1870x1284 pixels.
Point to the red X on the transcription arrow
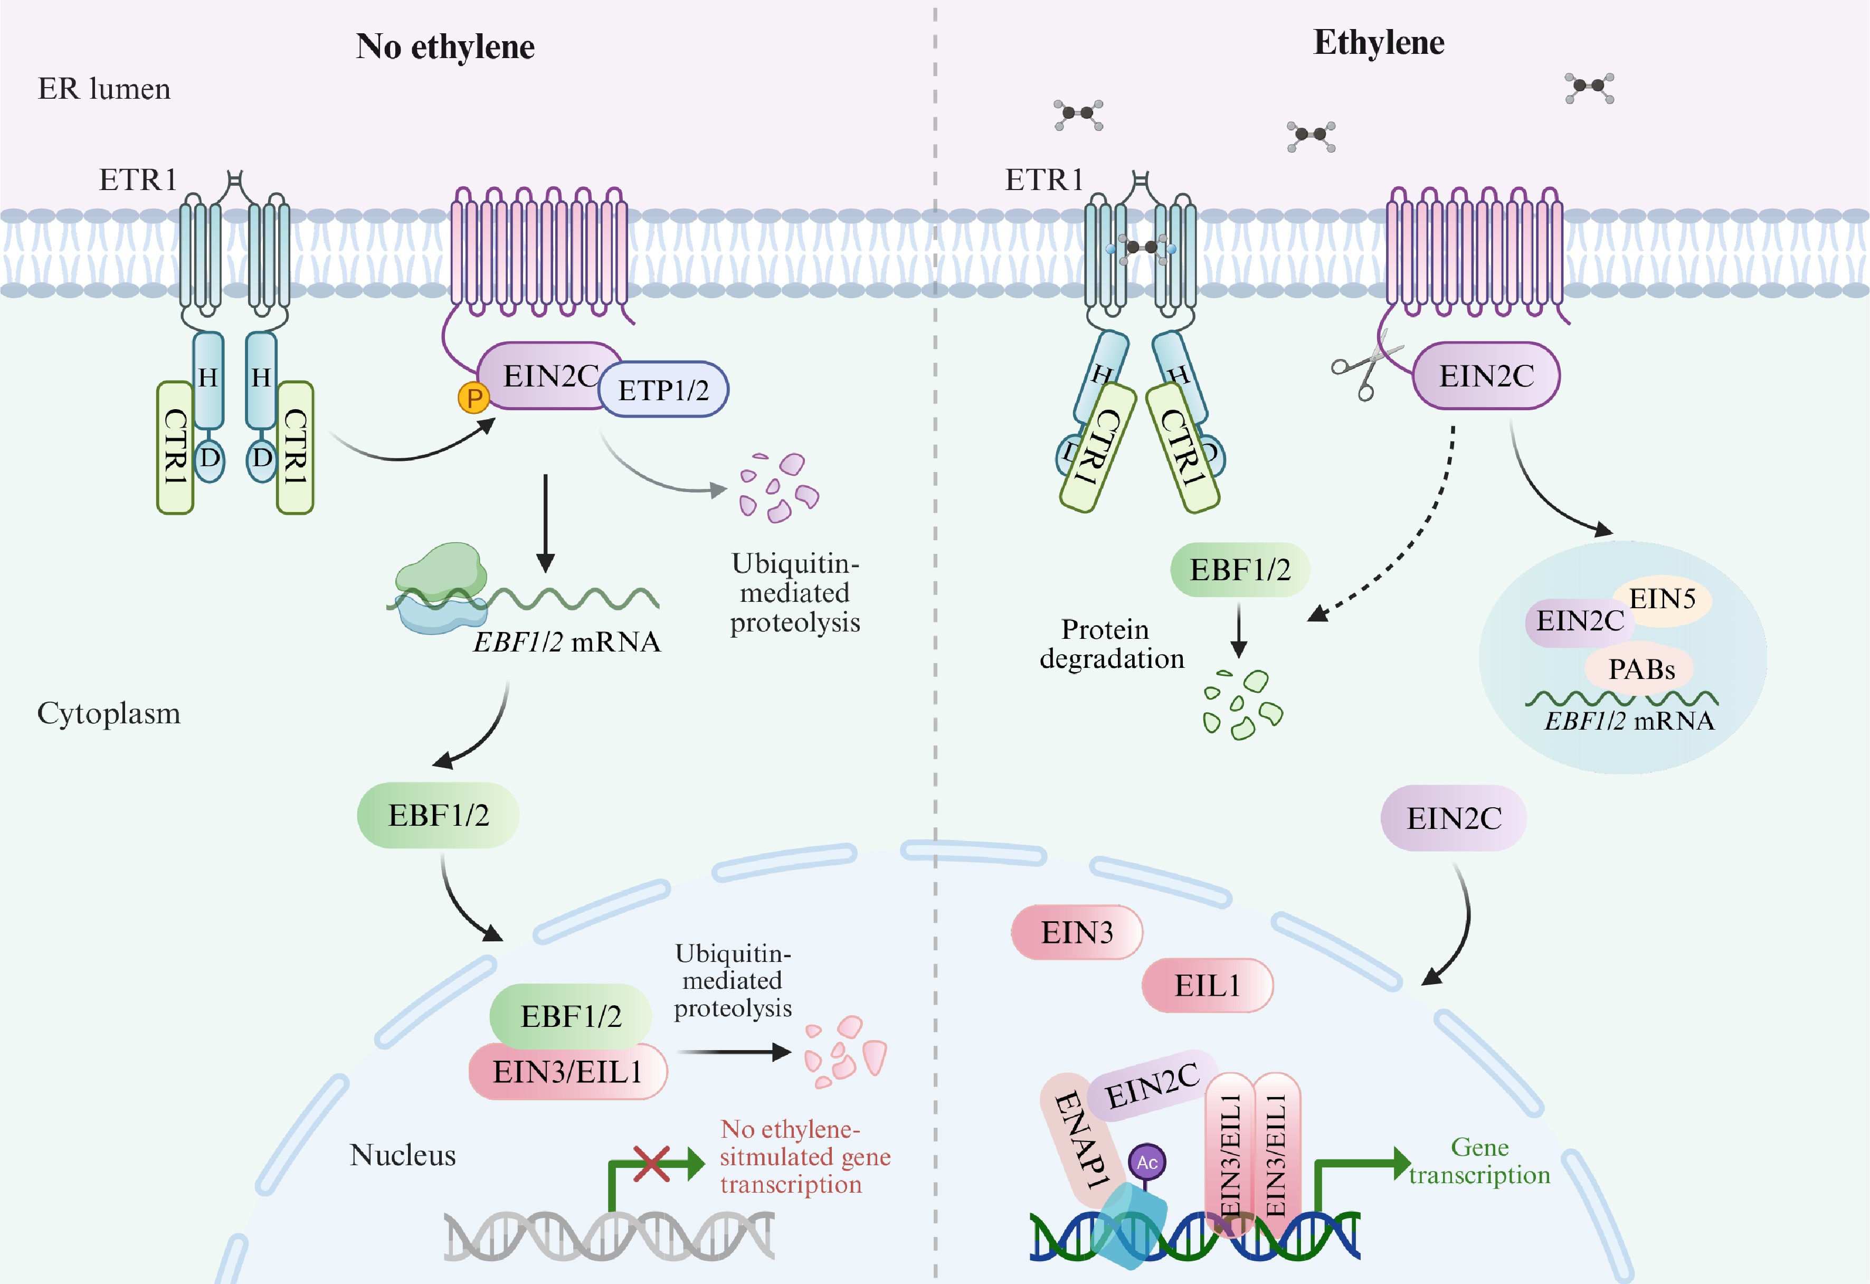[651, 1164]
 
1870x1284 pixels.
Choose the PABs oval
[1641, 669]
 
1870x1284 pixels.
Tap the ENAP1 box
[1080, 1139]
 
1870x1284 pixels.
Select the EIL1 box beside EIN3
[1207, 985]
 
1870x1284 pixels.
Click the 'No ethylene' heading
[445, 46]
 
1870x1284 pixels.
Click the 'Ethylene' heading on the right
[1379, 43]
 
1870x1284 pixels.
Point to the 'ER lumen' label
[104, 89]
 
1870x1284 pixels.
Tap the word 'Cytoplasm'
[109, 713]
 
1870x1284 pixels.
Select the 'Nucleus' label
[402, 1155]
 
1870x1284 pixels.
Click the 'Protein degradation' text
[1111, 644]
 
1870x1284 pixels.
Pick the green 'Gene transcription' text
[1479, 1161]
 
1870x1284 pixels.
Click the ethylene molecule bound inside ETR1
[1141, 247]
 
